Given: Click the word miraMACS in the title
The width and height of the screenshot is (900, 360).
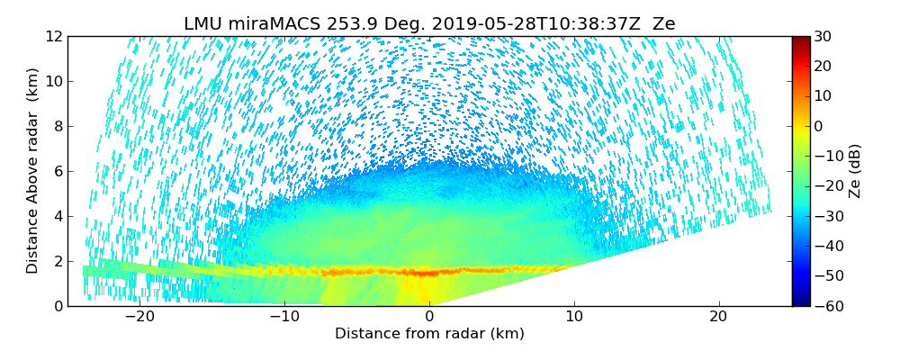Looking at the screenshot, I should [266, 24].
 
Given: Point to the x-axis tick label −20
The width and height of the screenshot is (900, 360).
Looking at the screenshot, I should [139, 317].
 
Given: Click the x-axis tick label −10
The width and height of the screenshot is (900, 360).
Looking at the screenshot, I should [284, 317].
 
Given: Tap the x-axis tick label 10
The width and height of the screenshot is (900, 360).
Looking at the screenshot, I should [573, 317].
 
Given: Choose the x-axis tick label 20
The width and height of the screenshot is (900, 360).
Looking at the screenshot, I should [718, 317].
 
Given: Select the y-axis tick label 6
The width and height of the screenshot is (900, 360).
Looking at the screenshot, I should [58, 171].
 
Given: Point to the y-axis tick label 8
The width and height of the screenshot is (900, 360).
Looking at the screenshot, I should [58, 126].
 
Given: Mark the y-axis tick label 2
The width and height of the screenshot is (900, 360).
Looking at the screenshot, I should [58, 261].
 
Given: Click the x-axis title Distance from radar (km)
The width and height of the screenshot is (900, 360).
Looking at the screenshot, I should [429, 334].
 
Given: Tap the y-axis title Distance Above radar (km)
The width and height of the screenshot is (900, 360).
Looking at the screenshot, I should [33, 171].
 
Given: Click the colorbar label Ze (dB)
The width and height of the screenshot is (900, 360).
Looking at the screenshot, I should [855, 171].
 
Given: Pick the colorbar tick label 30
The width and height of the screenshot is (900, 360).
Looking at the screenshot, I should [823, 36].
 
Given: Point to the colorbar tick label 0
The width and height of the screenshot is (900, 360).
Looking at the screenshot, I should [818, 126].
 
